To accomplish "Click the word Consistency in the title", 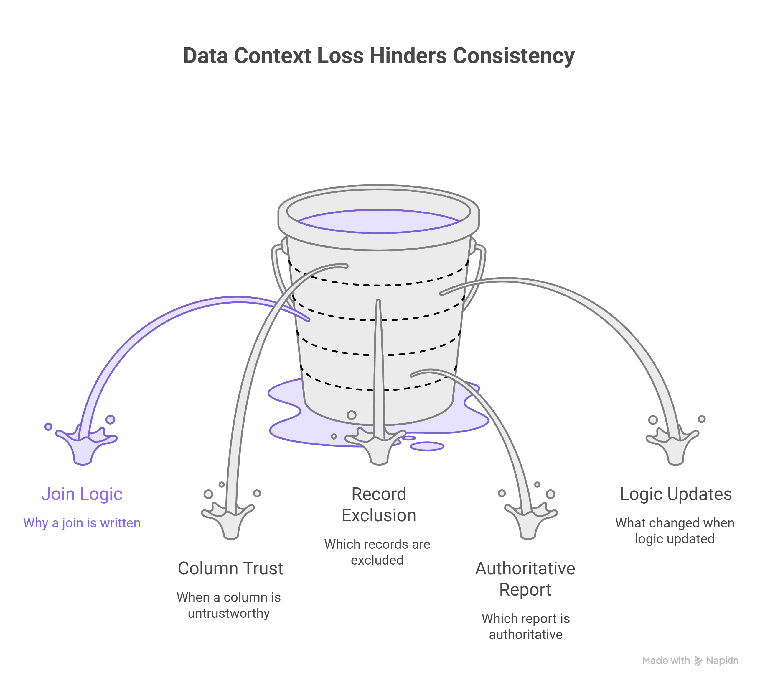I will [x=513, y=56].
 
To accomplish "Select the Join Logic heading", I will [x=82, y=494].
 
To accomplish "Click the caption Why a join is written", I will [x=82, y=523].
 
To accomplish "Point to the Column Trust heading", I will [x=230, y=568].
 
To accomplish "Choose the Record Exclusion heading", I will [x=379, y=504].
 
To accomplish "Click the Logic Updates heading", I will [x=676, y=494].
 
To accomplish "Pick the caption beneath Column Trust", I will [x=229, y=606].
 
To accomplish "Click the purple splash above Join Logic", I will [x=85, y=446].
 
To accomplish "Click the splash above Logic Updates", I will [x=673, y=446].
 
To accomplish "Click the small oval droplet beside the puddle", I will [x=426, y=446].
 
